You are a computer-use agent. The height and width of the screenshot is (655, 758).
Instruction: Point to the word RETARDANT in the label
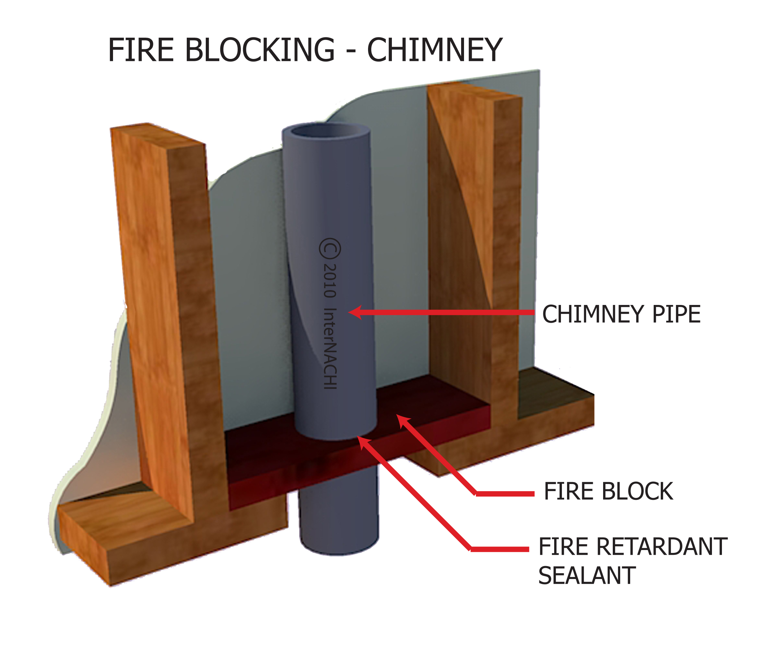661,547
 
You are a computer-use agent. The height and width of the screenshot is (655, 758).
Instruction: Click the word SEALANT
587,576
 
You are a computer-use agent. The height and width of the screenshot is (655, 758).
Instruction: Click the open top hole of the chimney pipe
326,131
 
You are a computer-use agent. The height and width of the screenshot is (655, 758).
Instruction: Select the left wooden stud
165,293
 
